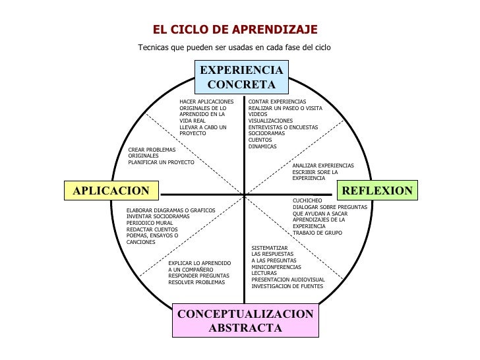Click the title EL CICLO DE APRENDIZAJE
(x=235, y=30)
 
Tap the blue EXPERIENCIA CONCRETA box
(x=241, y=78)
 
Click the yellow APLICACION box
(x=111, y=191)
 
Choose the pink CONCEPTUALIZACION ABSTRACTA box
(x=245, y=320)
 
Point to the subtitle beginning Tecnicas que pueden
(x=234, y=47)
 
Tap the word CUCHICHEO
(x=308, y=200)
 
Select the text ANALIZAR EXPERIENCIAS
(x=323, y=165)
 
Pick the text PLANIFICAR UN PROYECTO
(x=161, y=162)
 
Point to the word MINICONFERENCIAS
(x=276, y=267)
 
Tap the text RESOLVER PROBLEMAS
(x=196, y=282)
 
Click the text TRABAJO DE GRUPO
(x=317, y=233)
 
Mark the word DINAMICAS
(x=262, y=146)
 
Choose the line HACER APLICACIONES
(x=206, y=102)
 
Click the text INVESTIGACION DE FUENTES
(x=287, y=286)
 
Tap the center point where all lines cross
(x=244, y=195)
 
